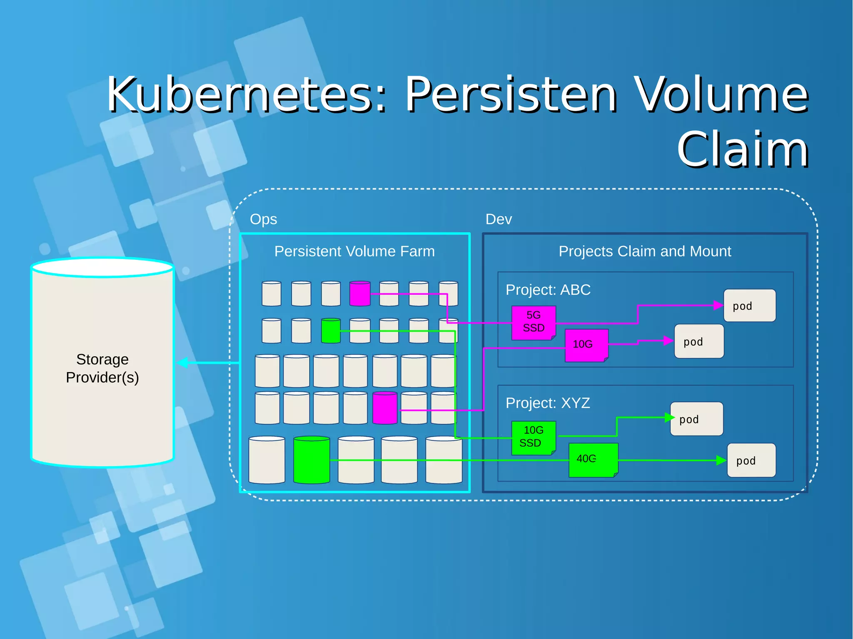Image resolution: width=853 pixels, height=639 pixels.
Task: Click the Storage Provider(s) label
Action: (x=102, y=368)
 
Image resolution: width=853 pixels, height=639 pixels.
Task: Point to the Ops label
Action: (x=263, y=219)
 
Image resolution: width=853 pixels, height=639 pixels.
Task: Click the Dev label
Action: (x=499, y=219)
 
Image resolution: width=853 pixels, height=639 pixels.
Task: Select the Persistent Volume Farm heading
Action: (x=354, y=251)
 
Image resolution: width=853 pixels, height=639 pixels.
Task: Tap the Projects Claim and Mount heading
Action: (x=644, y=251)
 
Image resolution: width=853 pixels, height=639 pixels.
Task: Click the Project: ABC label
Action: (x=548, y=290)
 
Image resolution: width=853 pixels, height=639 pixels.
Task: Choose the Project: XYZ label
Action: (x=548, y=403)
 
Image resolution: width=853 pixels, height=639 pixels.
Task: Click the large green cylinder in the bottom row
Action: (x=312, y=460)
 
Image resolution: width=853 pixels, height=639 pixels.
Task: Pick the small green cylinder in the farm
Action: (x=331, y=331)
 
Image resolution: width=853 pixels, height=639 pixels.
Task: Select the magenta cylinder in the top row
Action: (x=360, y=294)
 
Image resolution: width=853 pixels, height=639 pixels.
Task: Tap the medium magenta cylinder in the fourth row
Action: (x=385, y=408)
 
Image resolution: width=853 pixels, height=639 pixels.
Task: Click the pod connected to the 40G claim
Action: (x=751, y=460)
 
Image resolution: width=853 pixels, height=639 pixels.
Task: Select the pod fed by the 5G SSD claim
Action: (x=749, y=306)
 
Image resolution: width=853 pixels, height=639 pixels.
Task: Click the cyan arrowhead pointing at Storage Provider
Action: (x=182, y=363)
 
